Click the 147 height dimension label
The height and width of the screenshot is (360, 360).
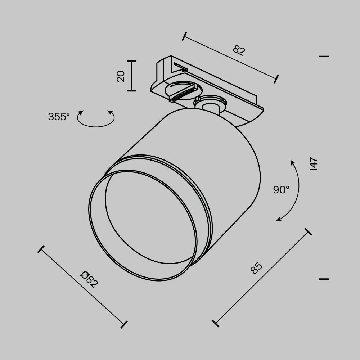314,164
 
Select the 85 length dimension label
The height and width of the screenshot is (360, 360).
257,268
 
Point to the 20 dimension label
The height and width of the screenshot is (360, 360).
121,76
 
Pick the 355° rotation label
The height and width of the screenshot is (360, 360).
59,117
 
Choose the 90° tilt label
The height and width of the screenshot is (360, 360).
281,190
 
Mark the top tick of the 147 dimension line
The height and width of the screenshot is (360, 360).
324,57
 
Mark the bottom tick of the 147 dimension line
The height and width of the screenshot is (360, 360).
324,279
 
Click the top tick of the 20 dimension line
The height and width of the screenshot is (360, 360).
131,61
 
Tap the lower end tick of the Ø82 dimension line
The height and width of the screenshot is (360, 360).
124,324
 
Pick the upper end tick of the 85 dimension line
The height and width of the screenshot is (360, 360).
308,231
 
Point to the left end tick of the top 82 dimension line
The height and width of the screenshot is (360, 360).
185,36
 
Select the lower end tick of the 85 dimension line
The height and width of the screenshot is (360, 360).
216,323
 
